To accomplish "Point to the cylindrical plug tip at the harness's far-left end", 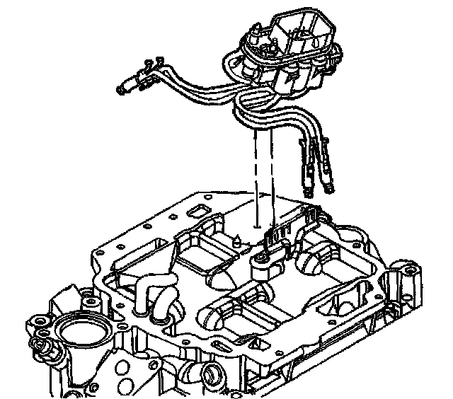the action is [x=125, y=88].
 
